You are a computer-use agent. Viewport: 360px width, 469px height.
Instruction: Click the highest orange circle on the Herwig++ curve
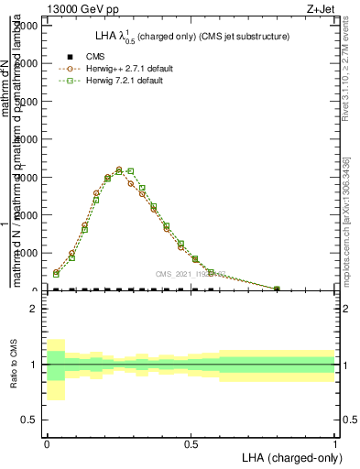click(119, 169)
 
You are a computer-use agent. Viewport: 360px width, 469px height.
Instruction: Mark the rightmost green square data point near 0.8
click(277, 289)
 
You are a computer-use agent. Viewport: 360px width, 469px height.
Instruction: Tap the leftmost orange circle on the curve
click(56, 271)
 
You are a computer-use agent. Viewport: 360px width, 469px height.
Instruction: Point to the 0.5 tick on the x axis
click(191, 443)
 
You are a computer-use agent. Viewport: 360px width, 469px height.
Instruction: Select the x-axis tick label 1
click(335, 443)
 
